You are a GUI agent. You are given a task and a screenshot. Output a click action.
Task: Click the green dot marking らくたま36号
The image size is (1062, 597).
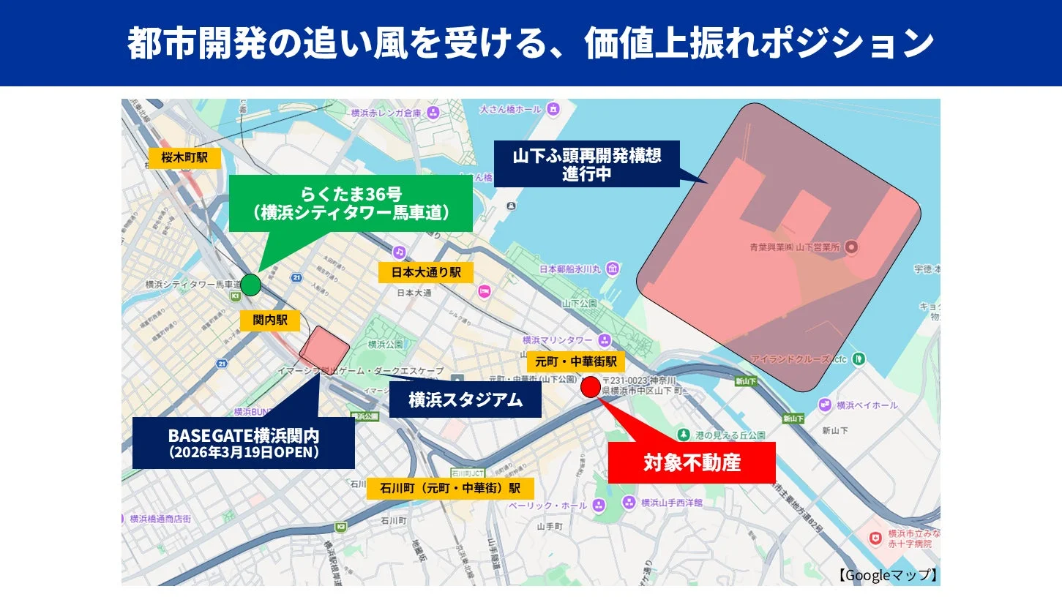pyautogui.click(x=250, y=285)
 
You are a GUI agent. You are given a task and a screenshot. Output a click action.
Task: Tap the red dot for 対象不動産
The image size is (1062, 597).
pyautogui.click(x=591, y=386)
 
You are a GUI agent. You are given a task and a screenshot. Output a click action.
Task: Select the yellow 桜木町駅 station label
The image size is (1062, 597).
pyautogui.click(x=184, y=157)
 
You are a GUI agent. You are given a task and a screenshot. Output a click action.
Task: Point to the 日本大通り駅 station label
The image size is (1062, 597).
pyautogui.click(x=425, y=272)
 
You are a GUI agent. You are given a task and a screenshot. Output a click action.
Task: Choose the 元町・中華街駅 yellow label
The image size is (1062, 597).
pyautogui.click(x=576, y=361)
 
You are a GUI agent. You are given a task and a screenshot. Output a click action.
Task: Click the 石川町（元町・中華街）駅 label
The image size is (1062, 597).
pyautogui.click(x=450, y=488)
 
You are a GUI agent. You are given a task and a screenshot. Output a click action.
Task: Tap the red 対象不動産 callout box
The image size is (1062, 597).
pyautogui.click(x=691, y=462)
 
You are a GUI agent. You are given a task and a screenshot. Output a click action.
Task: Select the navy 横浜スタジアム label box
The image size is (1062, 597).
pyautogui.click(x=465, y=399)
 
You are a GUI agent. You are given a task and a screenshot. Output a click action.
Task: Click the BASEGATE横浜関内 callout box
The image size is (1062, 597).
pyautogui.click(x=243, y=443)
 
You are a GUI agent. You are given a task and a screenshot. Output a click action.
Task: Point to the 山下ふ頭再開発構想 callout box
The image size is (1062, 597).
pyautogui.click(x=587, y=164)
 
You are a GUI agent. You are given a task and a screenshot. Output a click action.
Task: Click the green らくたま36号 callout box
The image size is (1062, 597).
pyautogui.click(x=350, y=203)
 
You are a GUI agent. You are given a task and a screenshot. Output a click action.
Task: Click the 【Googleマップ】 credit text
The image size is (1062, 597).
pyautogui.click(x=888, y=575)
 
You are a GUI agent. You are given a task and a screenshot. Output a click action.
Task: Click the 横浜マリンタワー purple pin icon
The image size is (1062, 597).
pyautogui.click(x=604, y=340)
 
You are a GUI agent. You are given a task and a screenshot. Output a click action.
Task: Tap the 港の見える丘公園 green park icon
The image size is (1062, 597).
pyautogui.click(x=684, y=435)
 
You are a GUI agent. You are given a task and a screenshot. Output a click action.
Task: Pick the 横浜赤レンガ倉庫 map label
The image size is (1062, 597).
pyautogui.click(x=386, y=113)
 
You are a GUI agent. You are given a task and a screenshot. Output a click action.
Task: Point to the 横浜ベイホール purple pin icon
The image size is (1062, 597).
pyautogui.click(x=826, y=405)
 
